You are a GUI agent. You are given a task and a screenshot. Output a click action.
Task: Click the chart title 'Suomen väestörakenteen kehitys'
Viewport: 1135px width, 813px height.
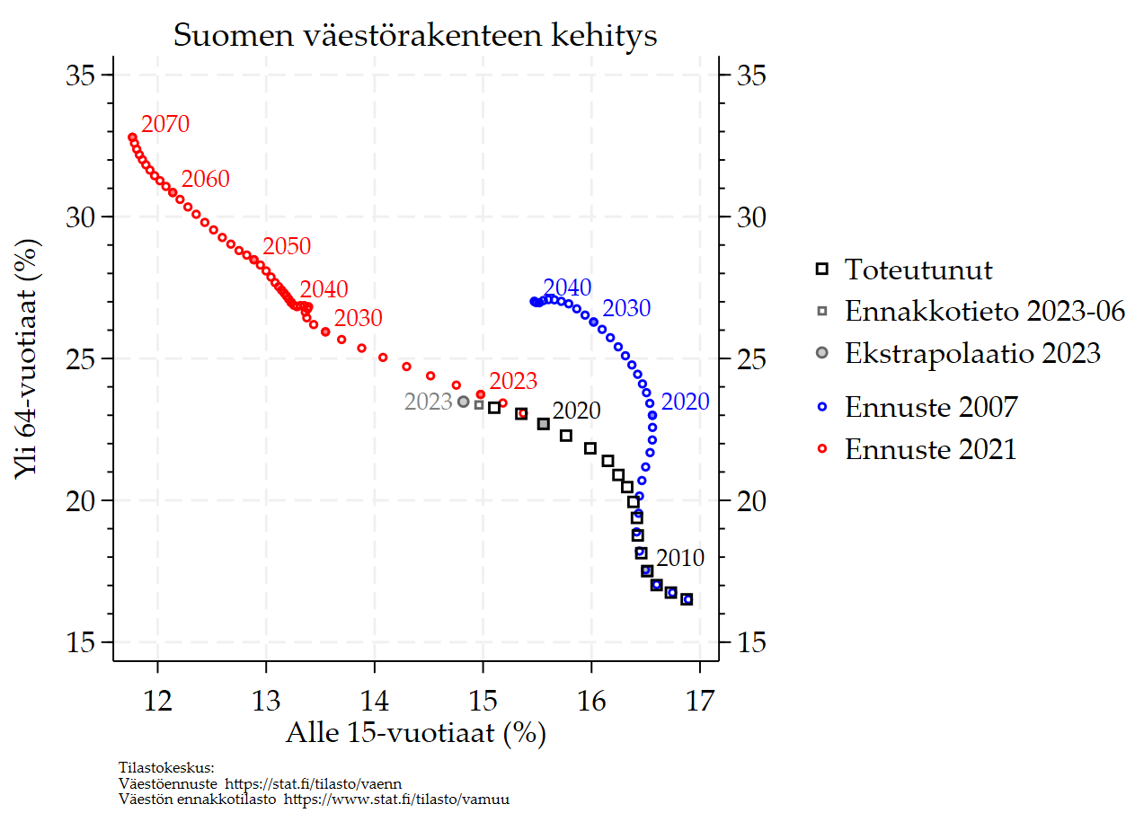pos(415,36)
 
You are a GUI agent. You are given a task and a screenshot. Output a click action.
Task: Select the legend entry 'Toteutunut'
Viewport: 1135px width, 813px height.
pos(918,269)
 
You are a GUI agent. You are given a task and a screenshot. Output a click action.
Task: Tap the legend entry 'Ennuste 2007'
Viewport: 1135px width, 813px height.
pos(931,407)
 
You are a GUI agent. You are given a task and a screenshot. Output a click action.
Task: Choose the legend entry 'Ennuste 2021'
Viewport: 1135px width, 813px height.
pos(930,448)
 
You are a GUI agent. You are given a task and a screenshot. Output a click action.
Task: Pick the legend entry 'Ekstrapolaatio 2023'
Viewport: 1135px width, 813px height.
pos(972,353)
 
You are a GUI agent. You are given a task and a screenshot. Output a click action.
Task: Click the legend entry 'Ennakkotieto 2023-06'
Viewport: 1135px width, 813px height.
pos(985,311)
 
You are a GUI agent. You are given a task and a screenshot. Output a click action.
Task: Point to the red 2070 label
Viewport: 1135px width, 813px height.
pos(165,124)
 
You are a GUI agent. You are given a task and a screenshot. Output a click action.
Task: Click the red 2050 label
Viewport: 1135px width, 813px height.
pos(287,247)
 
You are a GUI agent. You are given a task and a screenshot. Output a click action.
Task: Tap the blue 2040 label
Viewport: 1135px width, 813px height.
pos(567,288)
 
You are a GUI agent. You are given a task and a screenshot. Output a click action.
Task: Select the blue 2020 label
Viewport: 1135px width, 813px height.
pos(685,402)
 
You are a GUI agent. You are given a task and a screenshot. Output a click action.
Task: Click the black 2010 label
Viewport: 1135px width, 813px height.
pos(680,558)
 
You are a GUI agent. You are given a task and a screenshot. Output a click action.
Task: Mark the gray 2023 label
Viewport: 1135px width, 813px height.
pos(428,402)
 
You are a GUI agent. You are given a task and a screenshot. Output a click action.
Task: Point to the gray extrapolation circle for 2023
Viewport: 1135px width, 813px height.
pos(464,402)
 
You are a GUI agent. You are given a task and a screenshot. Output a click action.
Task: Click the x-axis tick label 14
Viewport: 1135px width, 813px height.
pos(375,696)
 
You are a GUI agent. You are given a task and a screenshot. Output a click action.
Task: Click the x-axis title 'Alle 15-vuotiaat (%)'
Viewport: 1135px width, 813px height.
pos(416,733)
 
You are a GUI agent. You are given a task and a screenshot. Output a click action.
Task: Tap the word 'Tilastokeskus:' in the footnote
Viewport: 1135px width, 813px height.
pos(166,767)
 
